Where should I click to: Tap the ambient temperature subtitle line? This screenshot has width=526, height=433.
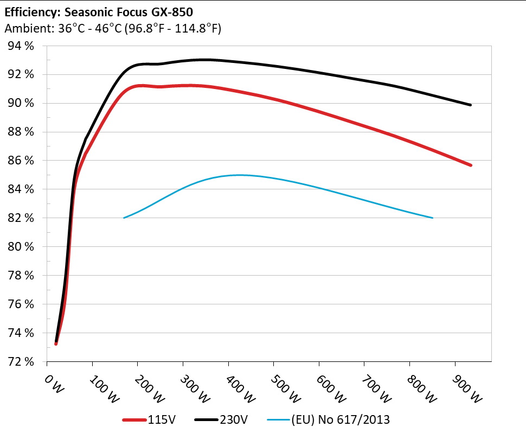(112, 29)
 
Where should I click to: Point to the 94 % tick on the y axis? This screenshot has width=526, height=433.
(22, 46)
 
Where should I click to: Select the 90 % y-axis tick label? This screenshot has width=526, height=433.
(22, 103)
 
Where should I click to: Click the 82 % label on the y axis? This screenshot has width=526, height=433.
(22, 218)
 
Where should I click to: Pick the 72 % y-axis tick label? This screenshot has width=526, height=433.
(22, 361)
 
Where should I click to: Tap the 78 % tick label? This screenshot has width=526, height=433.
(22, 276)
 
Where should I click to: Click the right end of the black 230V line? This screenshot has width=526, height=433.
(470, 105)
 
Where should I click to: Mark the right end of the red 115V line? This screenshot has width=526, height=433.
(470, 165)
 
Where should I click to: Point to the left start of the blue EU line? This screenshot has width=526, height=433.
(124, 218)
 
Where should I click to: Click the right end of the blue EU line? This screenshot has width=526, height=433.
(432, 218)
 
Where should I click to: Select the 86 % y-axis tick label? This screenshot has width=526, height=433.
(22, 161)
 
